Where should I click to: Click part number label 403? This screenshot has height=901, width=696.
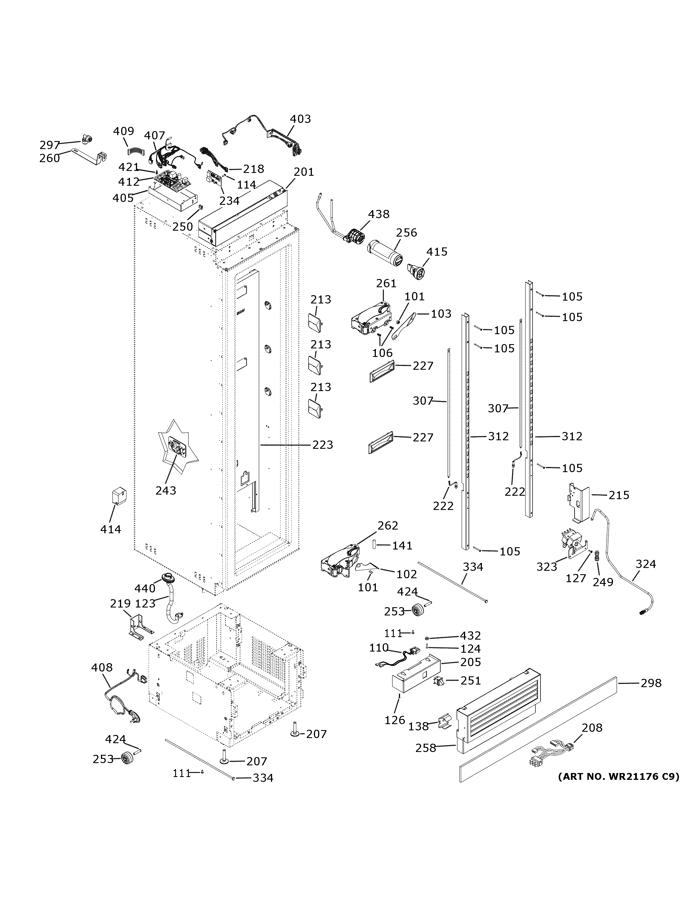tap(300, 119)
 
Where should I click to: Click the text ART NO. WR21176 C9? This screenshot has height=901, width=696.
tap(618, 776)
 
